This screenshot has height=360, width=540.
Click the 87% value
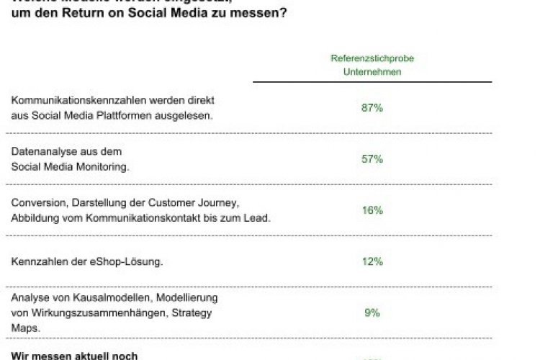[372, 108]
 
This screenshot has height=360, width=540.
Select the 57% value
[372, 159]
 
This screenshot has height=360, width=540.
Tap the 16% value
[372, 210]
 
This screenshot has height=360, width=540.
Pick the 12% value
[372, 261]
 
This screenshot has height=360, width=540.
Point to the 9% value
[372, 312]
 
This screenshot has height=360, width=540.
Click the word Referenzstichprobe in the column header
[372, 58]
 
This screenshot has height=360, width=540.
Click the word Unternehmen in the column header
[372, 72]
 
